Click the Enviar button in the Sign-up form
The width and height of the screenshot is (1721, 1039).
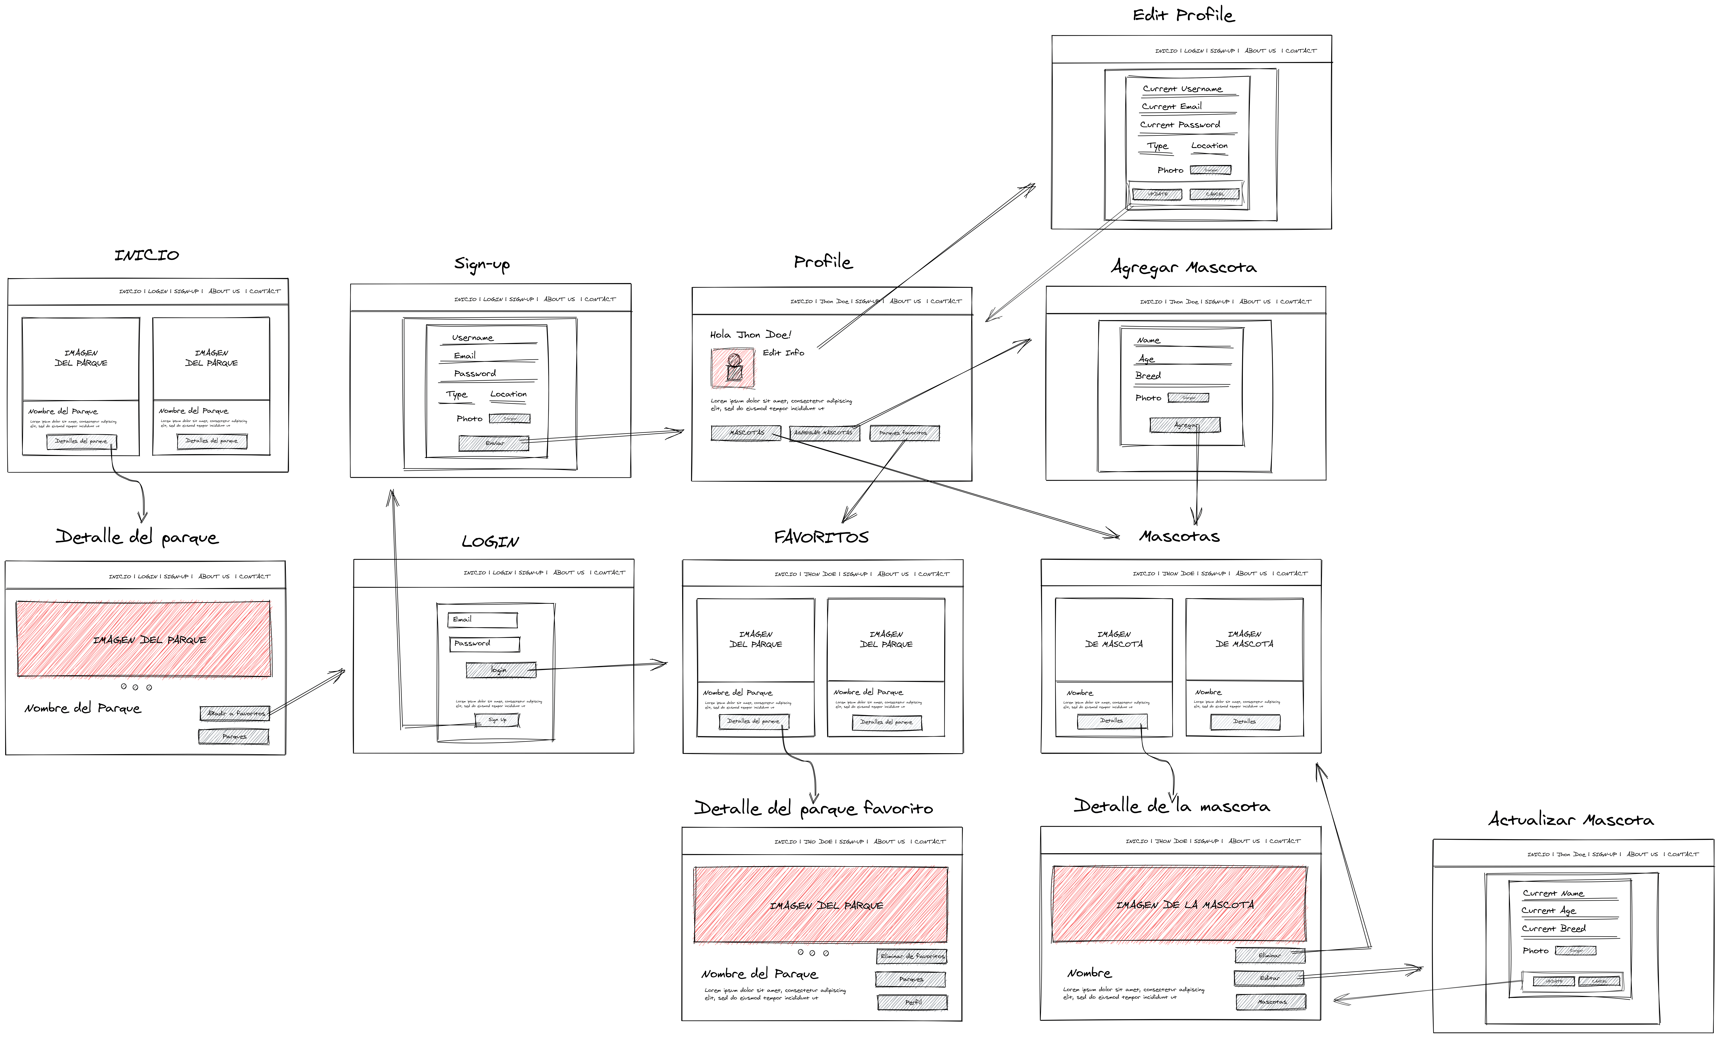494,443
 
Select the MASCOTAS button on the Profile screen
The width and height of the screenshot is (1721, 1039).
746,433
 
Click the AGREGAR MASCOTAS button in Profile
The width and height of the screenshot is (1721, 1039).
824,433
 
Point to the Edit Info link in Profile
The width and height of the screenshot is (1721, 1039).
783,353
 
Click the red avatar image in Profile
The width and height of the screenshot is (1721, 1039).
733,368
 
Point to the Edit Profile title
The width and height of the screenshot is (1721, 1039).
1183,15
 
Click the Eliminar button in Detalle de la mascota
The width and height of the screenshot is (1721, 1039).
1269,955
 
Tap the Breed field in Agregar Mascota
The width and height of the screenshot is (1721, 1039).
1181,377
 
